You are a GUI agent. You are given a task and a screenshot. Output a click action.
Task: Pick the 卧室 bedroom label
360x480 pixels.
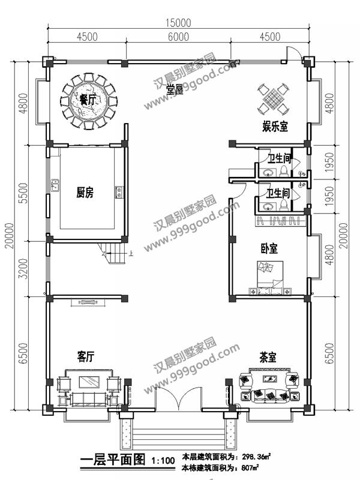click(269, 247)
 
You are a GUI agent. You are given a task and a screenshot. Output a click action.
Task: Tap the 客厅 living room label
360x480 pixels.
click(86, 356)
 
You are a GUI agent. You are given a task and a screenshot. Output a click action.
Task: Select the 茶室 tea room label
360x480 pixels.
click(268, 357)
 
